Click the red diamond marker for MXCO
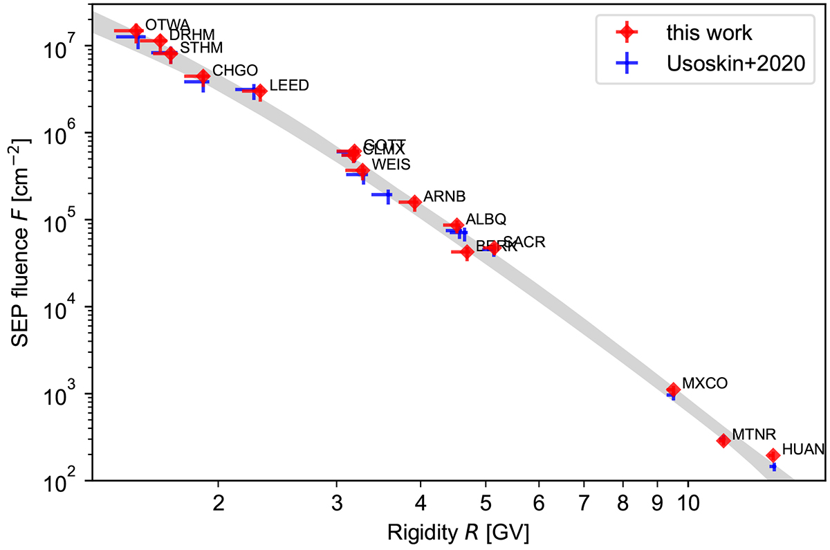673,390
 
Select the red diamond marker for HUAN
773,455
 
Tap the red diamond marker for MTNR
723,440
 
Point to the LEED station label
289,86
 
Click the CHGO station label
235,70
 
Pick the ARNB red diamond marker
414,203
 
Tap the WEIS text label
391,165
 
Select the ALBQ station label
486,219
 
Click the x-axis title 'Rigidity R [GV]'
459,531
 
